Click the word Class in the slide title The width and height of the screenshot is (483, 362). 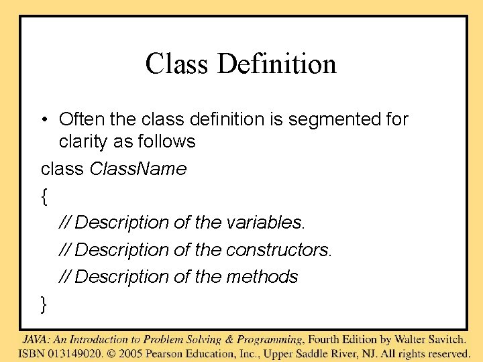(x=176, y=64)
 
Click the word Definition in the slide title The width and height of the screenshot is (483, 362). (x=277, y=64)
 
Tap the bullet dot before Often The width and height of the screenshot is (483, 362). (x=44, y=120)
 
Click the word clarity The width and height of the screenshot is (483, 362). (x=83, y=141)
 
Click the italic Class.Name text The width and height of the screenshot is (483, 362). (x=138, y=169)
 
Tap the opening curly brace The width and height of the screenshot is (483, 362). (x=44, y=196)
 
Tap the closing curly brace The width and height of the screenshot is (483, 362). (x=44, y=304)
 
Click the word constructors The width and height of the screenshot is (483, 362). (x=278, y=249)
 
